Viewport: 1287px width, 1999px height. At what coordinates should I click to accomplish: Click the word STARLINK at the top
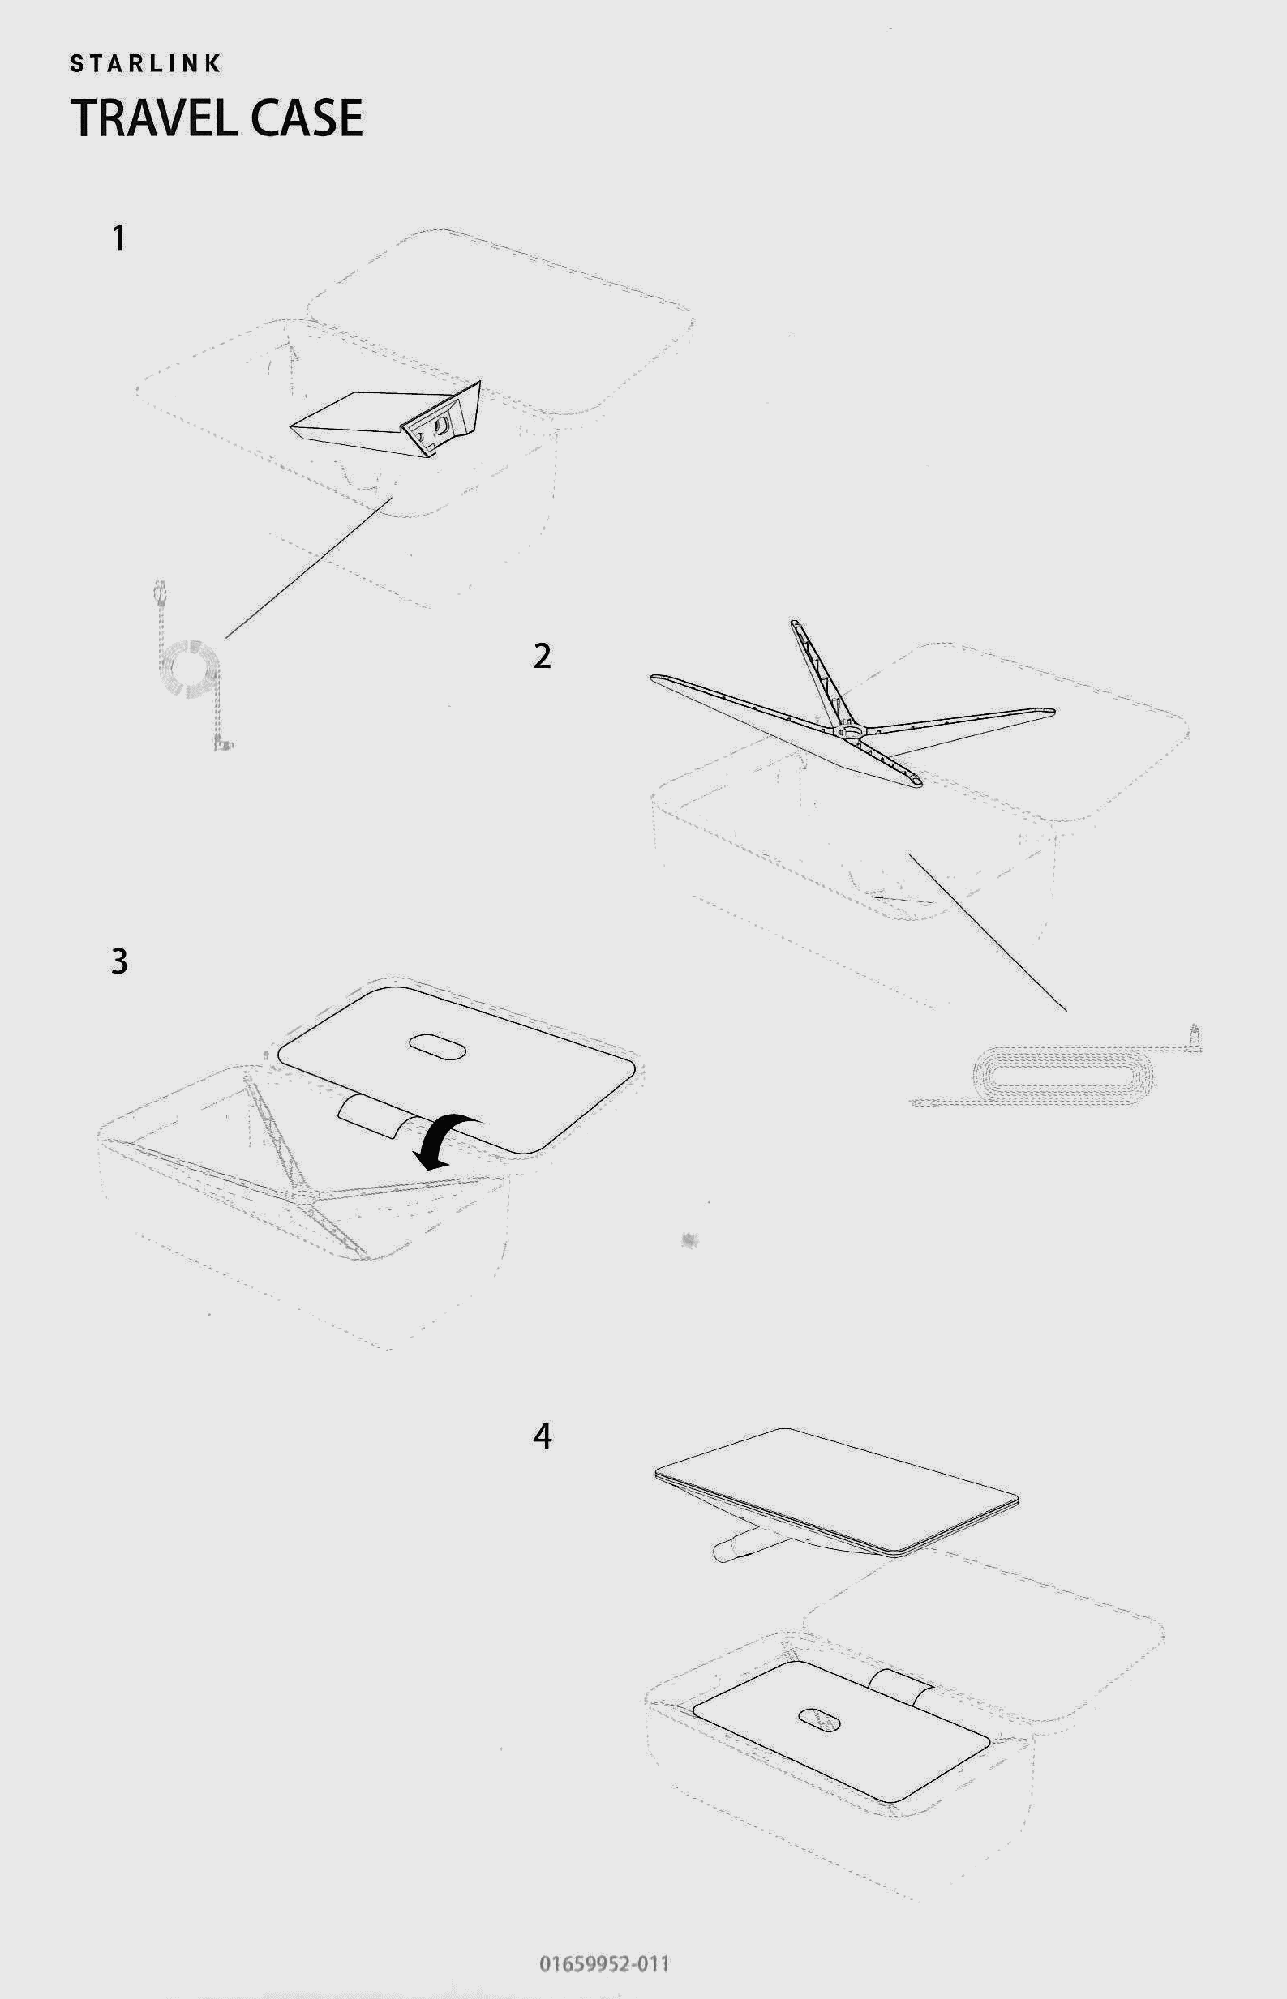(x=145, y=63)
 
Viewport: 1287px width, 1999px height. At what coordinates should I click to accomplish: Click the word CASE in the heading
(x=307, y=118)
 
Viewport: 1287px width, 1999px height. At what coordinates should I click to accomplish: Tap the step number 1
(x=119, y=239)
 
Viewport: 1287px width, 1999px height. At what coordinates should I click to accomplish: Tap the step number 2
(x=543, y=656)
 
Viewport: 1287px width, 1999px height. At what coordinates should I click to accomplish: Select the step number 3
(x=119, y=961)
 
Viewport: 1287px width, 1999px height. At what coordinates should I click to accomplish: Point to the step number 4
(x=543, y=1436)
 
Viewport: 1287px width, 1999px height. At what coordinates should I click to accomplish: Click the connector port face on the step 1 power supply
(x=435, y=427)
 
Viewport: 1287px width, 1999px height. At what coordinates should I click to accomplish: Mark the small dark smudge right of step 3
(x=690, y=1239)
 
